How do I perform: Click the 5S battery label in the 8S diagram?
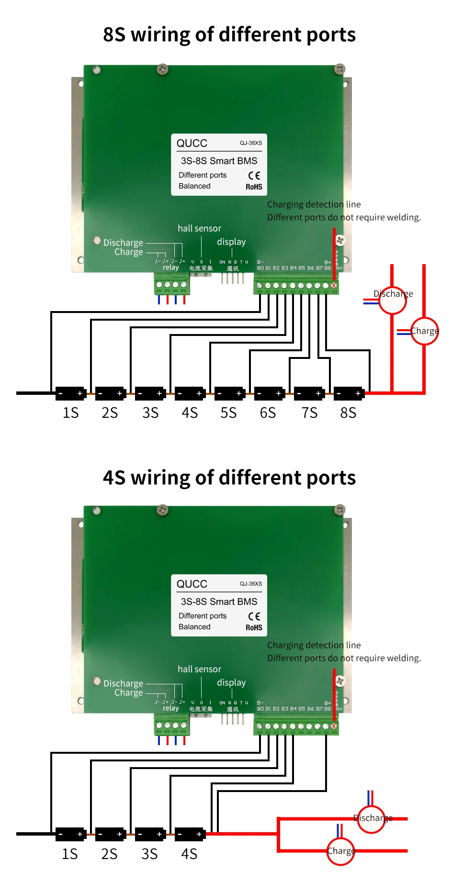point(228,413)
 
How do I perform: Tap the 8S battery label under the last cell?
point(348,413)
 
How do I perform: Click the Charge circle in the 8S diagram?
point(424,331)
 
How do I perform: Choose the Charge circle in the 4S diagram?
point(340,851)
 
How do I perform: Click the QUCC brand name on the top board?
point(192,143)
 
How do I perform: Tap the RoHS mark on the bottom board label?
point(254,627)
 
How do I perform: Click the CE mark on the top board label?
point(254,176)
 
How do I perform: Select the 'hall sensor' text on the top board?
point(199,228)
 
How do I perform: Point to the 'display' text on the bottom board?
point(231,682)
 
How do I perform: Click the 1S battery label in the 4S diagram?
point(70,854)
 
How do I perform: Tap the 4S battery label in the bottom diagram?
point(189,854)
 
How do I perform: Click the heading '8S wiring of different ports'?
point(229,34)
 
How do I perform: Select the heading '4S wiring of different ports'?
point(229,478)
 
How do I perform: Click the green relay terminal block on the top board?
point(171,285)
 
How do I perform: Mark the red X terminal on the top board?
point(334,286)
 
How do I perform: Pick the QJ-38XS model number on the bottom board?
point(251,584)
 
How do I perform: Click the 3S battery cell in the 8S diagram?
point(150,393)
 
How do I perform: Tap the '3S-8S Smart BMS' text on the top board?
point(219,161)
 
